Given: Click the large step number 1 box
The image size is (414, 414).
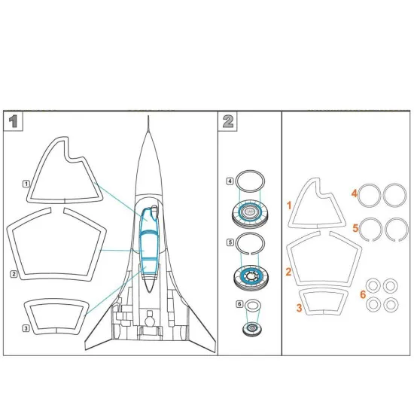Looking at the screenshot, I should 12,121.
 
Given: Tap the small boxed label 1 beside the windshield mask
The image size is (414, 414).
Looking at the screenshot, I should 26,183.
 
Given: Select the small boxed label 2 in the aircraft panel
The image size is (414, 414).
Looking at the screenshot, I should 14,274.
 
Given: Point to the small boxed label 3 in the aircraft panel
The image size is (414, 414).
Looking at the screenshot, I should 26,328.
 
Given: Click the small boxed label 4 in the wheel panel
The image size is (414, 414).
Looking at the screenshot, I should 230,181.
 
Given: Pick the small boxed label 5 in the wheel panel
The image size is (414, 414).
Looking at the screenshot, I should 230,243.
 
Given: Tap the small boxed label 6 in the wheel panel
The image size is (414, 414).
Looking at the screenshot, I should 240,304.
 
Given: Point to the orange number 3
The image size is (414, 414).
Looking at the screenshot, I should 299,308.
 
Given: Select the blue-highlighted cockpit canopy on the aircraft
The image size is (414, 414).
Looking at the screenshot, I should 148,241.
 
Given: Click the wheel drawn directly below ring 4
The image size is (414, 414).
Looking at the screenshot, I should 250,216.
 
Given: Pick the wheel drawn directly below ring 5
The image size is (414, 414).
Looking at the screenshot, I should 250,278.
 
